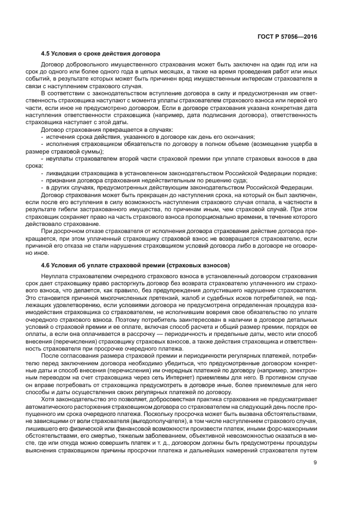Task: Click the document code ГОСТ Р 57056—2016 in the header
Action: click(287, 36)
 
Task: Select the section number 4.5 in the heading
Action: click(46, 54)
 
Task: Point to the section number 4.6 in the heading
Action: click(46, 265)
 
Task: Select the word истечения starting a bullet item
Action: click(60, 137)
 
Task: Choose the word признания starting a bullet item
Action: click(60, 180)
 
